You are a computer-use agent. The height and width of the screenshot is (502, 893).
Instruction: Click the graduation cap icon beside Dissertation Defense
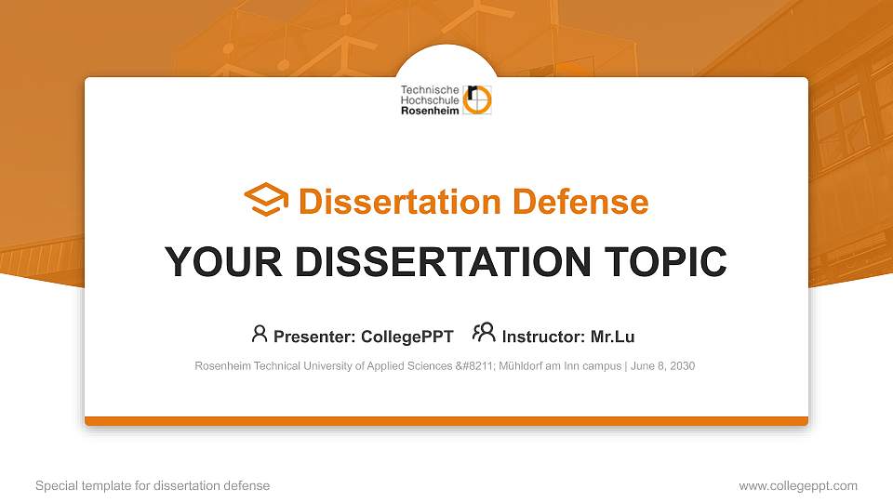pos(266,201)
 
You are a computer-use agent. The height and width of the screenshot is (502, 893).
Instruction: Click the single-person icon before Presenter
pos(260,334)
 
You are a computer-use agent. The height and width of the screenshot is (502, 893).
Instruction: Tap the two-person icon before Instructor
pos(484,334)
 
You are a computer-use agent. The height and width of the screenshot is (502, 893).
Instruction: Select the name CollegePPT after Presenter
pos(408,337)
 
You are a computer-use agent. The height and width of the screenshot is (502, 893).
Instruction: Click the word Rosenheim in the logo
pos(430,110)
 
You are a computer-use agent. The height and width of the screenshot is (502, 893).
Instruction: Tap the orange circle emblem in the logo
pos(478,100)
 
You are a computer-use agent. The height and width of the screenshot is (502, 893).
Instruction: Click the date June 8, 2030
pos(662,366)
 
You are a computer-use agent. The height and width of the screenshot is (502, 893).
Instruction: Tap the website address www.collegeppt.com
pos(798,486)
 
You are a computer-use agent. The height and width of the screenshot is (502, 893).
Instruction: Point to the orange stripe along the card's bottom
pos(446,421)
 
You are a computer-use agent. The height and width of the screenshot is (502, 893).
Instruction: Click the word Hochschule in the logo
pos(429,100)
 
